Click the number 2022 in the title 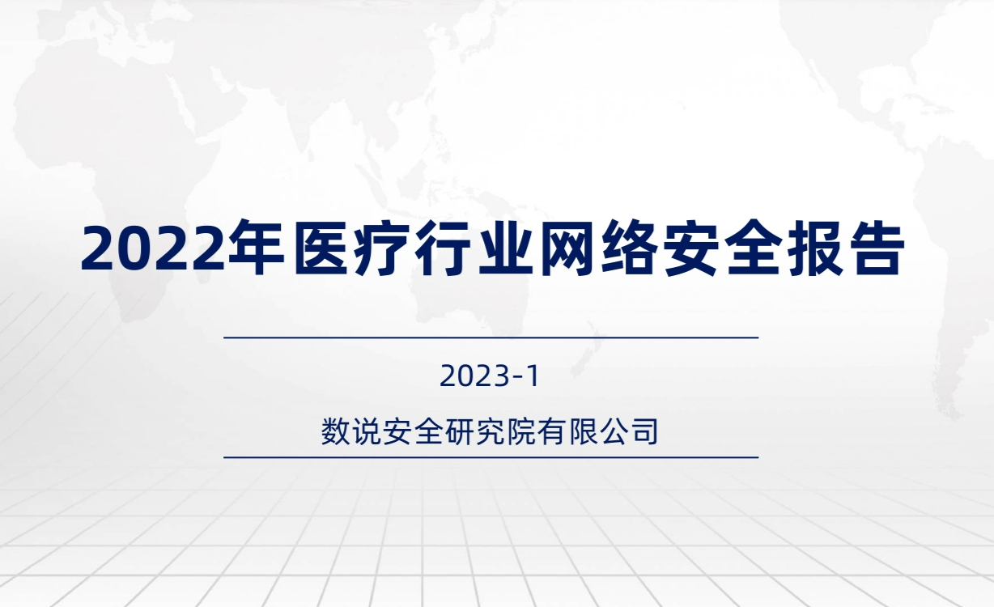153,248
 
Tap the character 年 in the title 255,248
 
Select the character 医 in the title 321,248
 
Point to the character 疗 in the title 381,248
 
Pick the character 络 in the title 629,248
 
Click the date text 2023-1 490,376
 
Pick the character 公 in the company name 613,431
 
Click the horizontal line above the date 491,337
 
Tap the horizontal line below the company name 491,457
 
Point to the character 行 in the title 444,248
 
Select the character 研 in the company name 459,431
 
